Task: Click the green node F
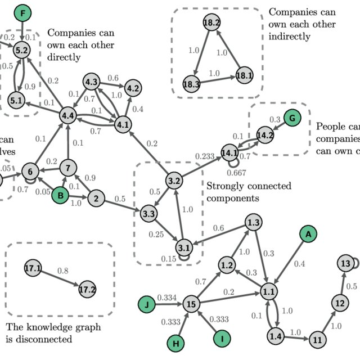point(22,13)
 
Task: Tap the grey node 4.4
point(68,116)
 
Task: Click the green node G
point(292,118)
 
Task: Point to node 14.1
point(229,152)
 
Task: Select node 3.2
point(174,181)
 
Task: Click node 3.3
point(149,214)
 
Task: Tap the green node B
point(60,196)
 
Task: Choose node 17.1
point(33,269)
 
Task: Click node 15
point(191,304)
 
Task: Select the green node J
point(147,304)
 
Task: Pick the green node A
point(307,233)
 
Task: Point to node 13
point(346,263)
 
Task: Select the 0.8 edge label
point(63,271)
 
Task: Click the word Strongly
point(226,186)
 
